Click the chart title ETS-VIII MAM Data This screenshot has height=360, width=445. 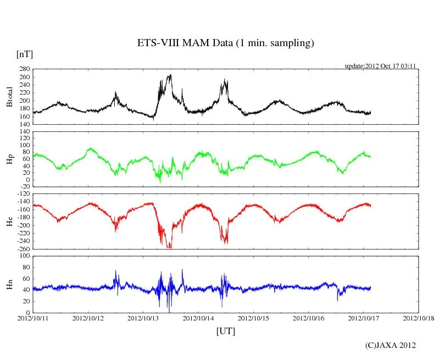pyautogui.click(x=225, y=43)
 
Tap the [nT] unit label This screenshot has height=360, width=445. pyautogui.click(x=25, y=54)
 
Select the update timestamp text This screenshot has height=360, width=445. pyautogui.click(x=380, y=66)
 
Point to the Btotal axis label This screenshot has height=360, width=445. pyautogui.click(x=9, y=97)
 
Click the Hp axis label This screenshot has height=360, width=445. pyautogui.click(x=9, y=159)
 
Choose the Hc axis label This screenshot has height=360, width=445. pyautogui.click(x=9, y=221)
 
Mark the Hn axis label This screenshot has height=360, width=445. pyautogui.click(x=9, y=284)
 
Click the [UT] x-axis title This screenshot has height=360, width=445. pyautogui.click(x=226, y=331)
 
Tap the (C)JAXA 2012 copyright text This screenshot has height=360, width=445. pyautogui.click(x=391, y=345)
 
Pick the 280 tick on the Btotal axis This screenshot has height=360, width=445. pyautogui.click(x=24, y=69)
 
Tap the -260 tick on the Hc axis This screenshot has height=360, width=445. pyautogui.click(x=23, y=249)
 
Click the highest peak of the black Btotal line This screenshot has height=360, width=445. pyautogui.click(x=170, y=75)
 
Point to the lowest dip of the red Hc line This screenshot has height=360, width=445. pyautogui.click(x=169, y=248)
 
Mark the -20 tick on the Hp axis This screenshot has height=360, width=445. pyautogui.click(x=24, y=187)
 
